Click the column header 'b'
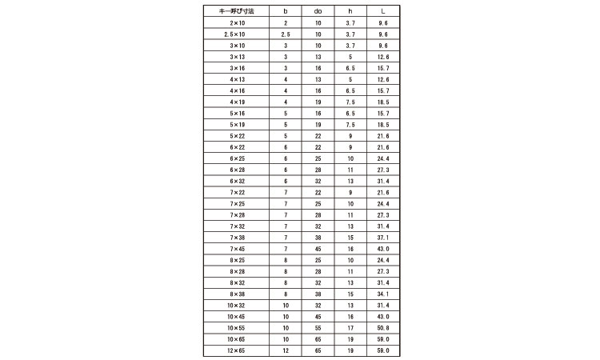pyautogui.click(x=286, y=12)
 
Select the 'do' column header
pyautogui.click(x=318, y=12)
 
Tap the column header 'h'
pyautogui.click(x=350, y=12)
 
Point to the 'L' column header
pyautogui.click(x=382, y=12)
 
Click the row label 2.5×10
pyautogui.click(x=237, y=35)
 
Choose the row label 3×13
pyautogui.click(x=237, y=58)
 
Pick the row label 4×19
pyautogui.click(x=237, y=102)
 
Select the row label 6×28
pyautogui.click(x=237, y=170)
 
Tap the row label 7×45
pyautogui.click(x=237, y=249)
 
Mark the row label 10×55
pyautogui.click(x=237, y=328)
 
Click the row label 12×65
pyautogui.click(x=237, y=350)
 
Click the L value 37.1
pyautogui.click(x=382, y=238)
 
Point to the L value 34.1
pyautogui.click(x=382, y=294)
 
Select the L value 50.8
pyautogui.click(x=382, y=328)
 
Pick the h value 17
pyautogui.click(x=350, y=328)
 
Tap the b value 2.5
pyautogui.click(x=286, y=35)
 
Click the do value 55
pyautogui.click(x=318, y=328)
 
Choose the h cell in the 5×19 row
pyautogui.click(x=350, y=125)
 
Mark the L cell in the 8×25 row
pyautogui.click(x=382, y=260)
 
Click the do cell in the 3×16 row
pyautogui.click(x=318, y=69)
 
